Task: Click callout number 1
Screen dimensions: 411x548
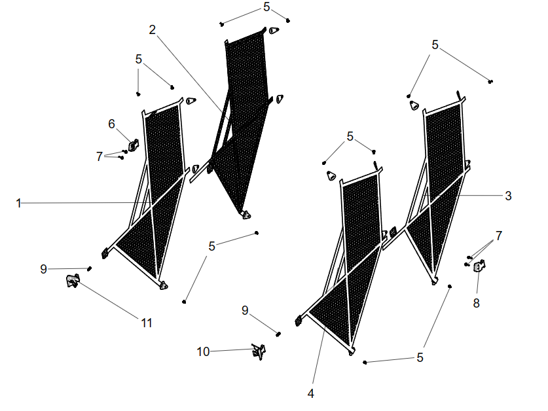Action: click(19, 204)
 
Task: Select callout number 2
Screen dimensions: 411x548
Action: click(153, 29)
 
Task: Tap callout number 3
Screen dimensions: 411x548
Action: click(508, 195)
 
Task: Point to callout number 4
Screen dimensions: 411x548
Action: click(311, 393)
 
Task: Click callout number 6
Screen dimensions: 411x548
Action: click(111, 123)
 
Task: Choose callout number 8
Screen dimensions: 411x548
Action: click(477, 303)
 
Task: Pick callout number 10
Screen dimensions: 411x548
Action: click(204, 352)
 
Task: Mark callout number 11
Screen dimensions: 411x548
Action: click(147, 322)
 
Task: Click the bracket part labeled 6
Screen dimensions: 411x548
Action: click(134, 145)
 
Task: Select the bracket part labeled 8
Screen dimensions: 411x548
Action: click(479, 266)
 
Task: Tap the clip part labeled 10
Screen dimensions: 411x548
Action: click(259, 351)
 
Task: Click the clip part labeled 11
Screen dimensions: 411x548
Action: click(72, 281)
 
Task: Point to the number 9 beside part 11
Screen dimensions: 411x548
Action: click(43, 269)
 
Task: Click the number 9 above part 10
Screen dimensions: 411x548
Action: click(245, 311)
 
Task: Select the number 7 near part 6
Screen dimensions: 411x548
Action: click(100, 156)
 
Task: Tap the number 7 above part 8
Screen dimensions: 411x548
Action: click(499, 236)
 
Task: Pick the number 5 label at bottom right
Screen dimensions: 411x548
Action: click(420, 358)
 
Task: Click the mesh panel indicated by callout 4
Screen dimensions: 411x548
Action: click(354, 262)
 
